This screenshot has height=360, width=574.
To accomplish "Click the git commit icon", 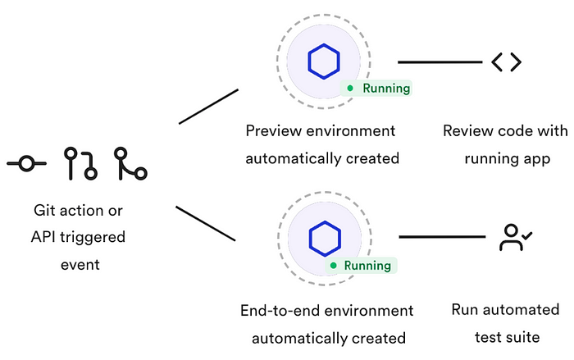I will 26,164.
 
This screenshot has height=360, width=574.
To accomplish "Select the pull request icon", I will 80,163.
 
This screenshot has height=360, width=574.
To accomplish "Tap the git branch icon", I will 130,163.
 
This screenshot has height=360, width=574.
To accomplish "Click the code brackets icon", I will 506,62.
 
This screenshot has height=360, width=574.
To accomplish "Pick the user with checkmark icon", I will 516,237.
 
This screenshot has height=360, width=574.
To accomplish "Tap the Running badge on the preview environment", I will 376,88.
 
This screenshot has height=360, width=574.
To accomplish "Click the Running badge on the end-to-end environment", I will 362,266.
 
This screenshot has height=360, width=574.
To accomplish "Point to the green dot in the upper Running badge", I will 350,88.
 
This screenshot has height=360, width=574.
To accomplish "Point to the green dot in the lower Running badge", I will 335,266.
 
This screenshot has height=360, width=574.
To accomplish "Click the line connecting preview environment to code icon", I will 440,62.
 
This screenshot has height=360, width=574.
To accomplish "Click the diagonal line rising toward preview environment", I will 208,107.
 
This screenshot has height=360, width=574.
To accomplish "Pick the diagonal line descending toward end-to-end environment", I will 206,224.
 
